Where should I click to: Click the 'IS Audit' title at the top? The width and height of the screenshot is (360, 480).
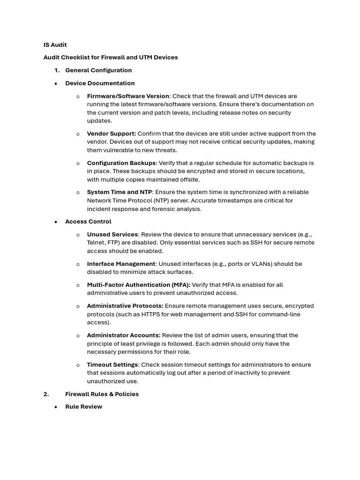[x=55, y=45]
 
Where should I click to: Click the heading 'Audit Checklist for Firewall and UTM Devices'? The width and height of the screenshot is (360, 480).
[x=111, y=58]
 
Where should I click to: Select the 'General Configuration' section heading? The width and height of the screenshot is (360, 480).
[x=98, y=70]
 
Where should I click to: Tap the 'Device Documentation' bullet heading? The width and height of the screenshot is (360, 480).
[x=100, y=83]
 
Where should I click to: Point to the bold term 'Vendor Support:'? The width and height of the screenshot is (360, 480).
[x=112, y=134]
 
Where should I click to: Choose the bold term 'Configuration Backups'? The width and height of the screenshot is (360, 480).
[x=121, y=163]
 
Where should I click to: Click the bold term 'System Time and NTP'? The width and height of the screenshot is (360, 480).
[x=120, y=192]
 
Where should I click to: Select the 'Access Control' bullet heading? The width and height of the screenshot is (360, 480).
[x=88, y=222]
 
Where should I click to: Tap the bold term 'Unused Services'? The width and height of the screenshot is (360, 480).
[x=112, y=234]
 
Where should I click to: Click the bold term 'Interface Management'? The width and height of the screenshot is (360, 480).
[x=121, y=264]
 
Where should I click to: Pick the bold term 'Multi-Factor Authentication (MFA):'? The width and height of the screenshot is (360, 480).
[x=139, y=285]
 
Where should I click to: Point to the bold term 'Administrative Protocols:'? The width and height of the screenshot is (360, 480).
[x=123, y=306]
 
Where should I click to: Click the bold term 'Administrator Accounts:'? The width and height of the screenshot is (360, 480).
[x=124, y=336]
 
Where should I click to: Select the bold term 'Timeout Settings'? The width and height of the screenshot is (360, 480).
[x=112, y=365]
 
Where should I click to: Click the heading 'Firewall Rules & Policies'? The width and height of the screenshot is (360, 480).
[x=102, y=394]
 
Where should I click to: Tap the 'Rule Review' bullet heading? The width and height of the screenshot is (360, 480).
[x=83, y=407]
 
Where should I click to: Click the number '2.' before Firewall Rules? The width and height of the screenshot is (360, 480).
[x=46, y=394]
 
